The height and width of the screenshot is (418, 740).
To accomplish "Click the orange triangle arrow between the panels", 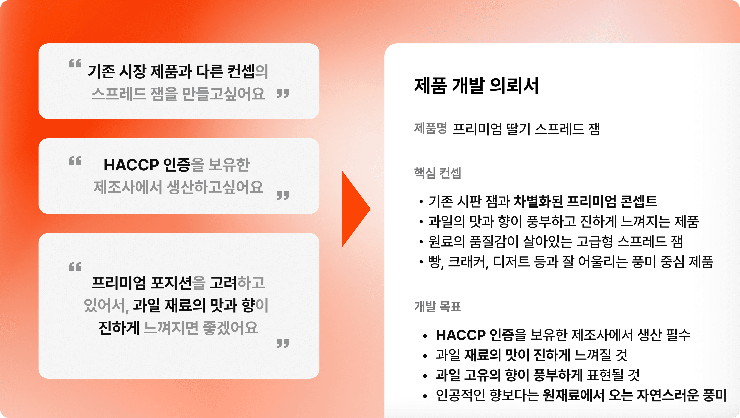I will tap(354, 209).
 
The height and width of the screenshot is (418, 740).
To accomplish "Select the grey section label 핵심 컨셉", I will tap(437, 173).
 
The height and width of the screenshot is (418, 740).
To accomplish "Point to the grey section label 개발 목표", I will tap(437, 306).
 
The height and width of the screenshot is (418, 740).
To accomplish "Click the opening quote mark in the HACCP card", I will tap(75, 161).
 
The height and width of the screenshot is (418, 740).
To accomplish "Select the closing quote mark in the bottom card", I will tap(283, 343).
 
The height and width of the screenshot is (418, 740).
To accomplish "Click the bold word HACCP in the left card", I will tap(131, 165).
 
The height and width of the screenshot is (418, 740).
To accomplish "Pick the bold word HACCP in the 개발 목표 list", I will tap(460, 335).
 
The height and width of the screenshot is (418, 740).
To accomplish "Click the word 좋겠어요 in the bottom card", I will tap(230, 328).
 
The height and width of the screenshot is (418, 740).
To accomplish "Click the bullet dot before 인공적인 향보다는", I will tap(425, 396).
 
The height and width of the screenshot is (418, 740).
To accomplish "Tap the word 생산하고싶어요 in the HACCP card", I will tap(215, 187).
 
